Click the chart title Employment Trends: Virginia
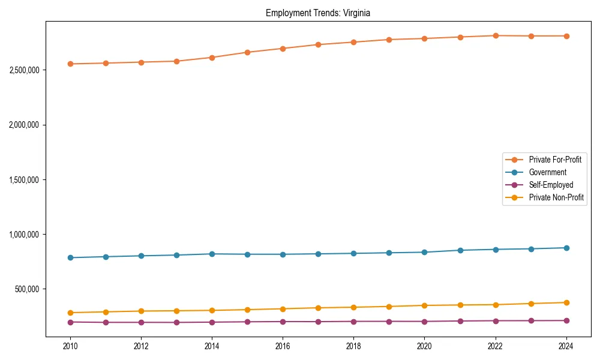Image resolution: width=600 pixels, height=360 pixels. [x=318, y=13]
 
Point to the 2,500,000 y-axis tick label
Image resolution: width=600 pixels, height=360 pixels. [x=25, y=70]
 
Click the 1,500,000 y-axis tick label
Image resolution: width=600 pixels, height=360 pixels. [x=25, y=180]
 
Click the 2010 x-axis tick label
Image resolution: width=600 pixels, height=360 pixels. [x=70, y=346]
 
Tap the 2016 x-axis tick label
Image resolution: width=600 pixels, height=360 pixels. [x=283, y=346]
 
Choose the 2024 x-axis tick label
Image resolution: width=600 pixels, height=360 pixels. [x=566, y=346]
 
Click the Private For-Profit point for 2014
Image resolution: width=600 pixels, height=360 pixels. [x=212, y=58]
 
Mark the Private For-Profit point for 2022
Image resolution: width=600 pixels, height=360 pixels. [x=495, y=35]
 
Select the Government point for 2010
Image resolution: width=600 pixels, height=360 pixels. [x=70, y=258]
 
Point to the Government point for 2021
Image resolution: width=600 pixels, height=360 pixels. [x=460, y=250]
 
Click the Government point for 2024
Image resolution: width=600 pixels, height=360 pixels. [x=566, y=248]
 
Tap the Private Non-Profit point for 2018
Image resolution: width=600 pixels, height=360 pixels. [x=353, y=307]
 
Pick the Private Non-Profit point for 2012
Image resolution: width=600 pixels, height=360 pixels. [x=141, y=311]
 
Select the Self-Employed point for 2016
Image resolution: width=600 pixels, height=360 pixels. [x=283, y=322]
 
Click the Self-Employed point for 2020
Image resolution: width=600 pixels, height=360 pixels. [x=424, y=322]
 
